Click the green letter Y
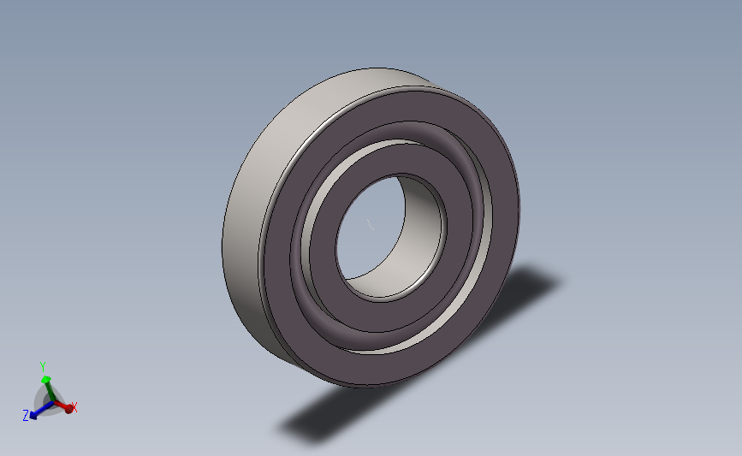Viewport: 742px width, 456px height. (x=43, y=367)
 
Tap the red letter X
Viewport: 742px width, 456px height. (x=74, y=407)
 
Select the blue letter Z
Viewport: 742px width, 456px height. (x=27, y=416)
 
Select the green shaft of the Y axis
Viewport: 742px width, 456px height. (x=47, y=390)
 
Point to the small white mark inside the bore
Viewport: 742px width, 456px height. (x=371, y=225)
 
